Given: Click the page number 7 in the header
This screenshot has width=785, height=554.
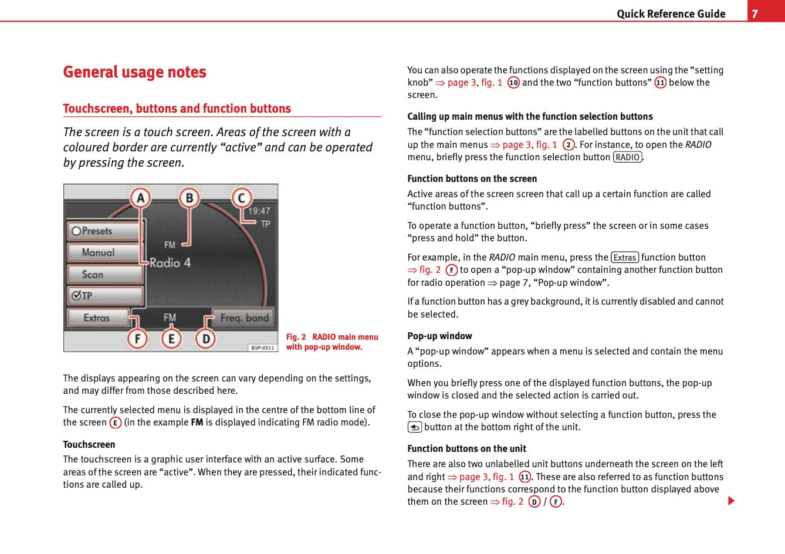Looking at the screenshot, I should coord(755,13).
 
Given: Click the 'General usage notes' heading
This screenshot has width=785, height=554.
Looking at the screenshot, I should coord(134,72).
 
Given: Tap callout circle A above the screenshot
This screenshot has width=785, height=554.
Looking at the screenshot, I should coord(140,198).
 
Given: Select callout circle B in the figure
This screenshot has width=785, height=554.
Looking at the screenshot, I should coord(189,198).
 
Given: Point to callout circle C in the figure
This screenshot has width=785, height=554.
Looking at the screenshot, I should coord(241,198).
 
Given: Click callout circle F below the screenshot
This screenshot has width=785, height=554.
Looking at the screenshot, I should coord(137,339).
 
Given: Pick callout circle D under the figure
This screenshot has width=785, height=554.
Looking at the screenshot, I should coord(205,339).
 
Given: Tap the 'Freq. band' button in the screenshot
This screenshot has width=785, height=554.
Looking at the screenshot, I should coord(243,318).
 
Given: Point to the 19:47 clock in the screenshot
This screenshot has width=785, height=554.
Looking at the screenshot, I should coord(259,211).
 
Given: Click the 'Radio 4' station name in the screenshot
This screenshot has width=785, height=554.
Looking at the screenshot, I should coord(170,263).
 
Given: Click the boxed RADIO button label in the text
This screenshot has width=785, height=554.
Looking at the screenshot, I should coord(627,157).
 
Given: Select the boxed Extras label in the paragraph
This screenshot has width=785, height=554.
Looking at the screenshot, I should coord(624,258).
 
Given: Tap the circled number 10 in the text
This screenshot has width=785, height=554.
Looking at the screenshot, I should coord(513,83).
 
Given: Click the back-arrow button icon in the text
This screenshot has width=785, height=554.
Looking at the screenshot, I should coord(414,427).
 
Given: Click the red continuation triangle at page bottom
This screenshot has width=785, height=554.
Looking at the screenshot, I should coord(731,501).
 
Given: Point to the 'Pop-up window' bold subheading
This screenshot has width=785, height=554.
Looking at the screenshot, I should coord(439,336).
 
